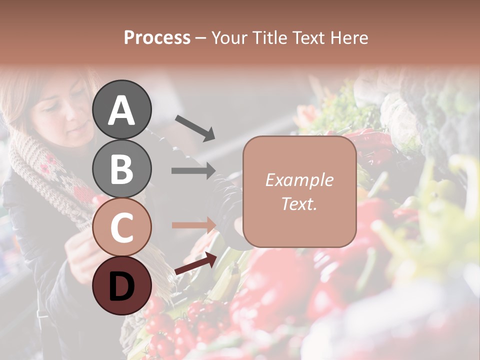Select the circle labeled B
pos(121,168)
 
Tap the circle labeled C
pos(121,227)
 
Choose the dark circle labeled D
pos(121,285)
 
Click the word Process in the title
pos(157,38)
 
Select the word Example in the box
pos(299,180)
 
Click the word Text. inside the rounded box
pos(299,204)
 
